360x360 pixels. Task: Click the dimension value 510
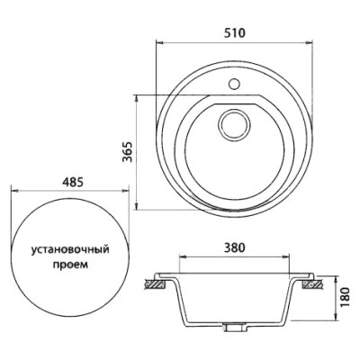[235, 32]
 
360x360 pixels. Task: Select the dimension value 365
[128, 151]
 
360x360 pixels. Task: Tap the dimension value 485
[71, 182]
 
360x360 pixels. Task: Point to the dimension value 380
[235, 247]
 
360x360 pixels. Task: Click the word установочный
[70, 250]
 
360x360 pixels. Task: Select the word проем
[70, 265]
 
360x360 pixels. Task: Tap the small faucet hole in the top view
[234, 84]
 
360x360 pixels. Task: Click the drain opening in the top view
[234, 125]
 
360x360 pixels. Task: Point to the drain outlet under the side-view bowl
[233, 326]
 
